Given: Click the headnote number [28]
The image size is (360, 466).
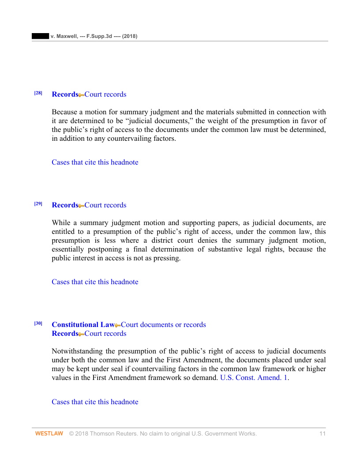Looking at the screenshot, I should [38, 93].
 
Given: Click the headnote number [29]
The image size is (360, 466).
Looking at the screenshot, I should [38, 204].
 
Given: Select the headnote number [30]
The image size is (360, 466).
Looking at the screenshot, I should [38, 323].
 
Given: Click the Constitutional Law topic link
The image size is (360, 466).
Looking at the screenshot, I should [83, 325].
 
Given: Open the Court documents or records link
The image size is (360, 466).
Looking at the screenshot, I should [163, 325].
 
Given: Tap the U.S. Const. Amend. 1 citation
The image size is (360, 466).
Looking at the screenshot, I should [254, 378].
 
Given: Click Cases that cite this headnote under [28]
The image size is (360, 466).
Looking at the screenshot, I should [95, 162].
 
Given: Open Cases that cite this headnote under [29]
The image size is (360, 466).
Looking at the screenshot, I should [95, 282].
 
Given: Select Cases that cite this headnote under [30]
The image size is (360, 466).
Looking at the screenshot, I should [95, 402].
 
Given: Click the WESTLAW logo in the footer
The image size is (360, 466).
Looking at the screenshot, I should [49, 434].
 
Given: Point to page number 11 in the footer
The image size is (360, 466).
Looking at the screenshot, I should [322, 434].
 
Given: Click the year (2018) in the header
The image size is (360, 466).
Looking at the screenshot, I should [128, 36].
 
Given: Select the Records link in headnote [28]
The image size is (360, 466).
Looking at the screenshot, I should [65, 94].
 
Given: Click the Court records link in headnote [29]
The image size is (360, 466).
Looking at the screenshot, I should [105, 205].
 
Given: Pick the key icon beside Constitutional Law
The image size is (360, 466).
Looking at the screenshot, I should [118, 326].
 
